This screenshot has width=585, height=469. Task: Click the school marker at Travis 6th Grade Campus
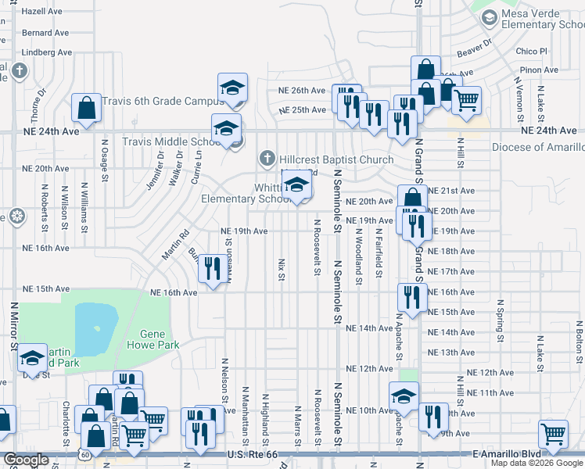232,90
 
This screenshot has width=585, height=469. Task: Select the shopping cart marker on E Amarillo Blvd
553,435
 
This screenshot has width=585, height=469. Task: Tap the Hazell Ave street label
46,12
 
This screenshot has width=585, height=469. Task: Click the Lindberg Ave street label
47,52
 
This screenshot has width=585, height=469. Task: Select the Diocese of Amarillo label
538,147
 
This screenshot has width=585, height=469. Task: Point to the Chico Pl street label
533,51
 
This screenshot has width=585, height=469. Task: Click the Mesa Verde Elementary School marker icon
489,18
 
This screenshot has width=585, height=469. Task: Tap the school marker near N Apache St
404,396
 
